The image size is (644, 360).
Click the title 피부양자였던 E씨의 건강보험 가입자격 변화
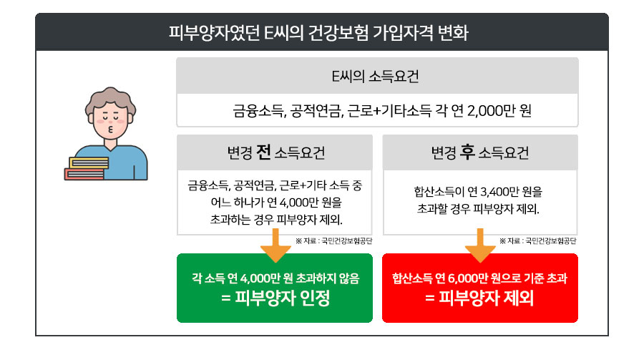coord(321,32)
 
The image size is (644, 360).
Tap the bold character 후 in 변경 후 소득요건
coord(468,152)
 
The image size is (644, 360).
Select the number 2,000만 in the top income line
coord(488,111)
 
